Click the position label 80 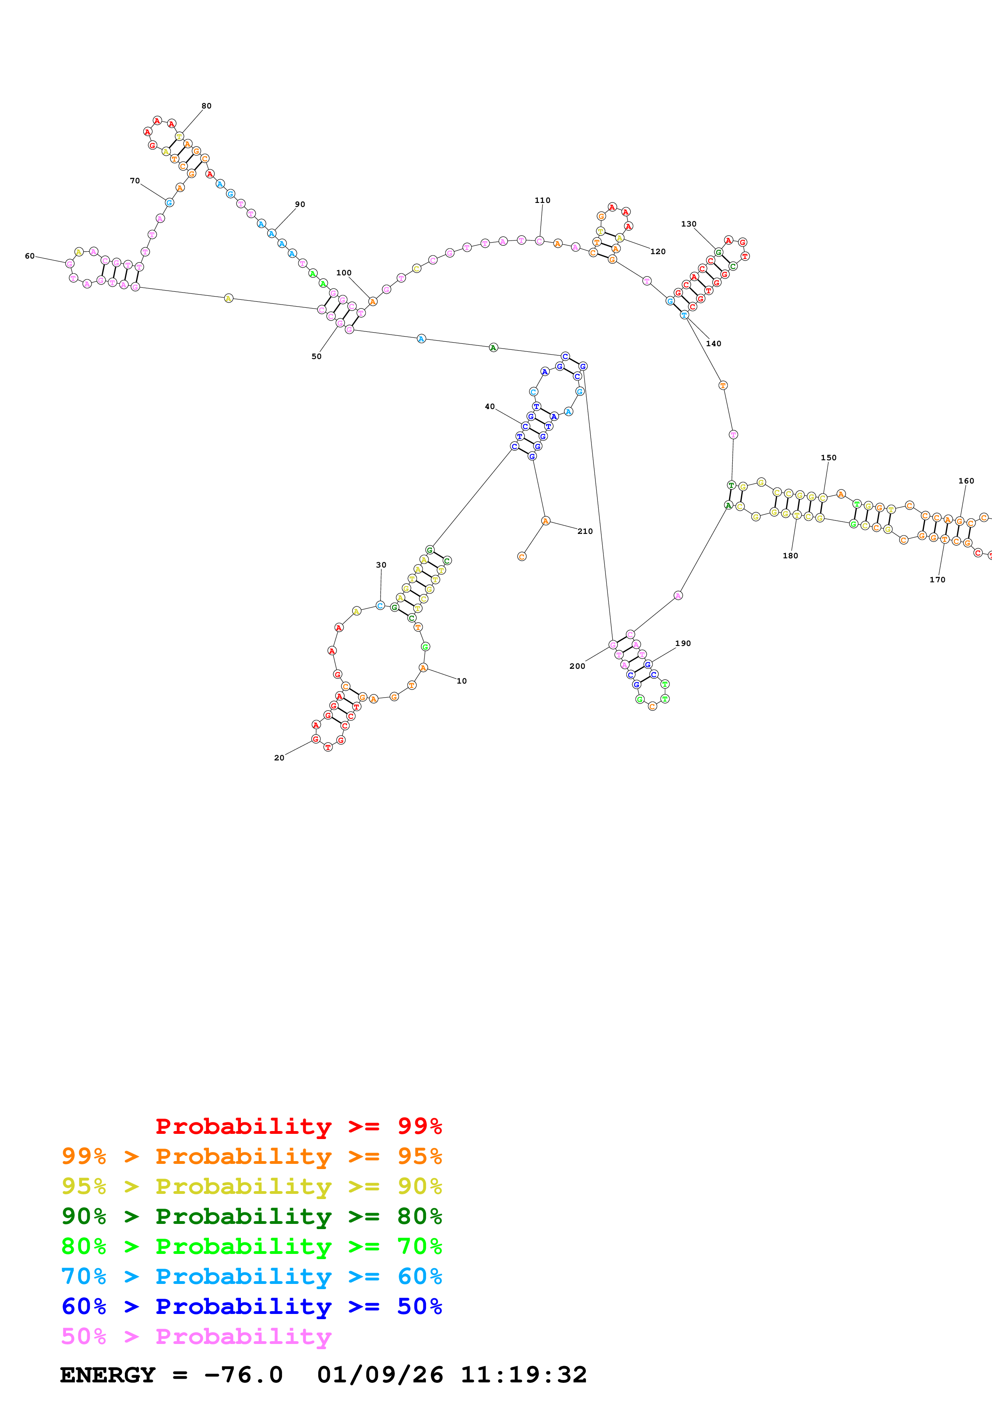tap(206, 106)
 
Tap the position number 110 tap(542, 200)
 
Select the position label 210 tap(585, 532)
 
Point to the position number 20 tap(279, 758)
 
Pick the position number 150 tap(828, 457)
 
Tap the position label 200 tap(577, 666)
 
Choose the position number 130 tap(689, 224)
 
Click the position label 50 tap(317, 357)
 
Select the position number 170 tap(937, 580)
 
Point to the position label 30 tap(381, 565)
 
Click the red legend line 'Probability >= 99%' tap(298, 1126)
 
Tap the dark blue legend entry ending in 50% tap(251, 1306)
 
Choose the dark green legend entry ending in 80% tap(251, 1216)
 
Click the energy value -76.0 tap(243, 1375)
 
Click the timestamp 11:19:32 tap(523, 1375)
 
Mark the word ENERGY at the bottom tap(108, 1375)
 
